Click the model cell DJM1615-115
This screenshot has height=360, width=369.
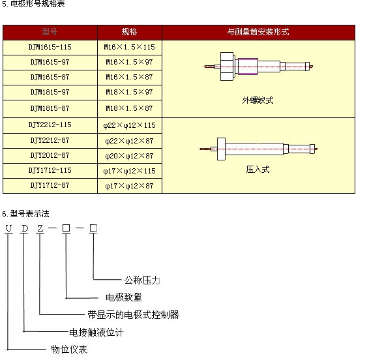50,48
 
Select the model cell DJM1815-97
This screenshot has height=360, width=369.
50,93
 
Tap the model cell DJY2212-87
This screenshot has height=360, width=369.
50,140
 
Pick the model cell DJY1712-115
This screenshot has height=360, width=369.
50,171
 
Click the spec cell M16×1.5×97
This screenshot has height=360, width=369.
129,62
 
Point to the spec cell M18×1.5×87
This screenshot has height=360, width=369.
129,108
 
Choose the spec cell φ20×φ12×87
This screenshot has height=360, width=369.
129,155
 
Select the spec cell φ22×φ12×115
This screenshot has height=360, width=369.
129,125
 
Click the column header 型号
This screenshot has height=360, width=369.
50,32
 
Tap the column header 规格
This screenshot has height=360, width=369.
129,32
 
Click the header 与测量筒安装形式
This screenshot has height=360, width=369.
258,32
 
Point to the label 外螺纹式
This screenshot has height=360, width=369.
258,100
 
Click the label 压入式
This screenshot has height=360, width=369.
258,169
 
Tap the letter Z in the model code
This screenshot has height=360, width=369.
40,228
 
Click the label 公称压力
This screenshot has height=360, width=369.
142,280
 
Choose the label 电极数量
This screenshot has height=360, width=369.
124,297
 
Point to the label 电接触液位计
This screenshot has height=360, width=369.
96,332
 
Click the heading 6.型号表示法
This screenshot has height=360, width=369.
26,213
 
